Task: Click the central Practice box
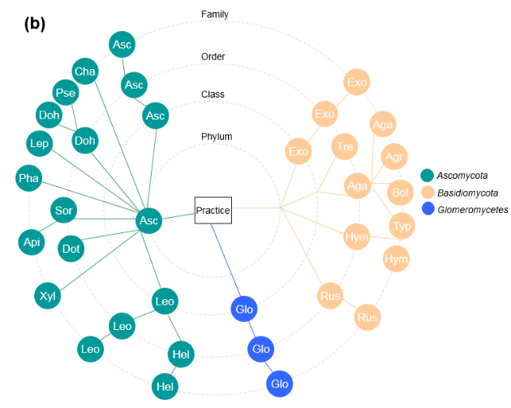pos(213,211)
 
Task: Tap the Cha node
pos(85,72)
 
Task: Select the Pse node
pos(65,92)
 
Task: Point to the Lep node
pos(40,144)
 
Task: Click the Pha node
pos(30,178)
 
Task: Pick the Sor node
pos(64,211)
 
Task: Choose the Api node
pos(32,241)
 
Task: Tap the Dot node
pos(71,248)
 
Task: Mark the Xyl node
pos(47,295)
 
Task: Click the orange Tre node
pos(345,146)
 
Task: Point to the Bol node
pos(401,193)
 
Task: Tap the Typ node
pos(401,225)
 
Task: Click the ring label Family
pos(214,14)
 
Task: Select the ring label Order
pos(213,56)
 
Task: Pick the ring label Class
pos(213,94)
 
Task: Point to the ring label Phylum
pos(217,136)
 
